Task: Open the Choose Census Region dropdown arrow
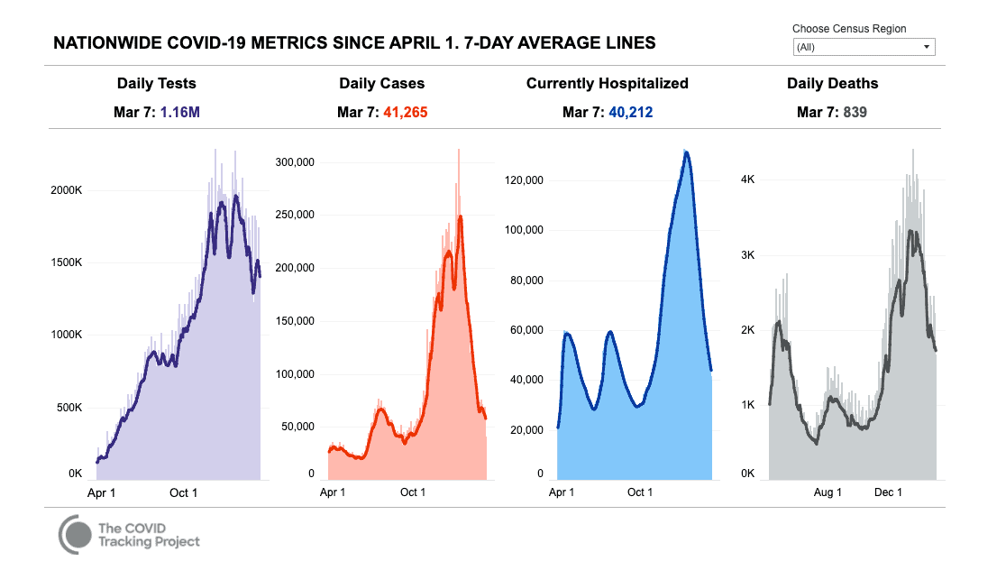coord(926,48)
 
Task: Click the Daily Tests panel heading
coord(156,83)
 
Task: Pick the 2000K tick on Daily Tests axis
coord(66,191)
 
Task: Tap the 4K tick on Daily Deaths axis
coord(747,179)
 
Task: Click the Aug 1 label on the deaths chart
coord(827,492)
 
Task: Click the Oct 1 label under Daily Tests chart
coord(183,492)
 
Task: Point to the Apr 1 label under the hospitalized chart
coord(562,492)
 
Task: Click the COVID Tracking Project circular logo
coord(76,535)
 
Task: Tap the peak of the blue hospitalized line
coord(687,152)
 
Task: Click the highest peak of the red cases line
coord(460,217)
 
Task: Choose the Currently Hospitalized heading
coord(607,83)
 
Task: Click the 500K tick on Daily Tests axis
coord(69,407)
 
